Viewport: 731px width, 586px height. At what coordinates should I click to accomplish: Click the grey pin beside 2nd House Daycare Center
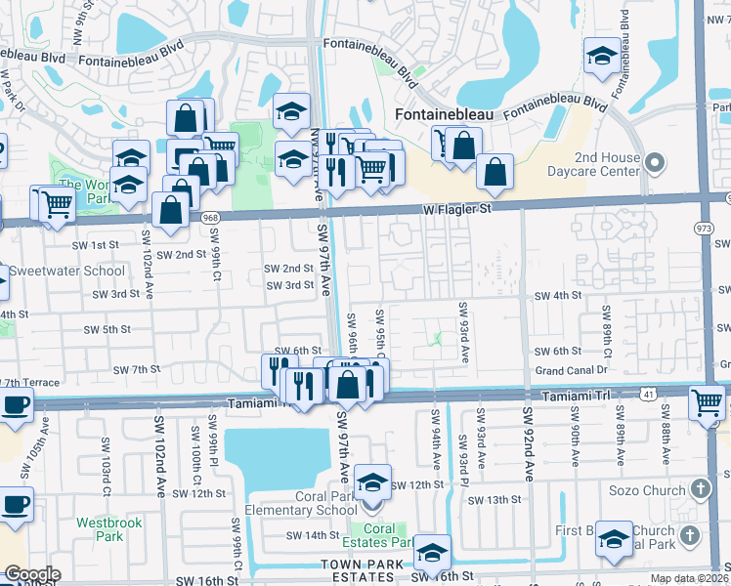tap(656, 161)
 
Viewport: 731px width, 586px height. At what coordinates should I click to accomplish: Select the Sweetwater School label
tap(66, 271)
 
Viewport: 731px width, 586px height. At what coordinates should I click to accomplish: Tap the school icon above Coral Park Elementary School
tap(371, 483)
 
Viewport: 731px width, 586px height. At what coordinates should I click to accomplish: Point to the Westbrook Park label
tap(109, 529)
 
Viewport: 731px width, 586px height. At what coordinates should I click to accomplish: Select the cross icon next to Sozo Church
tap(700, 487)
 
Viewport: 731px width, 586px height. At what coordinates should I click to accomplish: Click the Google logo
tap(31, 574)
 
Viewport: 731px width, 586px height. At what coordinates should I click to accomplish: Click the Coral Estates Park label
tap(384, 535)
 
